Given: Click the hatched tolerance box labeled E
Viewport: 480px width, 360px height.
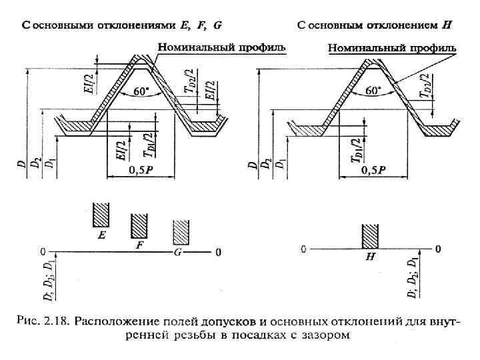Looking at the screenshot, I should [x=101, y=215].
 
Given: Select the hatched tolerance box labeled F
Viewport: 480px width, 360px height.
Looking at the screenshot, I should [x=139, y=226].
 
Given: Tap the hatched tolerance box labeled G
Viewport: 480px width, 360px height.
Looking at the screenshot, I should [x=181, y=232].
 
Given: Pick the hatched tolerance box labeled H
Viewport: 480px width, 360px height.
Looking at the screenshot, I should [x=370, y=237].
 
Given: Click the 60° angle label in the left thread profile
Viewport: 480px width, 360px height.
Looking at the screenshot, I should [x=141, y=93].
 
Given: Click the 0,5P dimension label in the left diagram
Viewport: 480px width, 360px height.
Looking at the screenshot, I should [x=141, y=170].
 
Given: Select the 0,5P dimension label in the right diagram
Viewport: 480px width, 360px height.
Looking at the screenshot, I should [x=374, y=170].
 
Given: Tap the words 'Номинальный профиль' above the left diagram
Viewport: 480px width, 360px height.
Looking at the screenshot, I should [x=221, y=47].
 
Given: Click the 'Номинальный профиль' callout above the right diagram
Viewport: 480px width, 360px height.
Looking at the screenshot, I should [x=392, y=49].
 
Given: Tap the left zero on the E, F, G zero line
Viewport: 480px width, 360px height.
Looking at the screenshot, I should [x=43, y=252].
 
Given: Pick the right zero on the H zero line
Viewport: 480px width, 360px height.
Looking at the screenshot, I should [x=437, y=249].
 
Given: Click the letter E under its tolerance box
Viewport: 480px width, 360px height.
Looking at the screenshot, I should [x=101, y=235].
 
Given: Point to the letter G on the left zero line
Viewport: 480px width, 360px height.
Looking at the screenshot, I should [x=177, y=253].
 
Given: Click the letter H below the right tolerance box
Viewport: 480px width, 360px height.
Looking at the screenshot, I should [x=369, y=257].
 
